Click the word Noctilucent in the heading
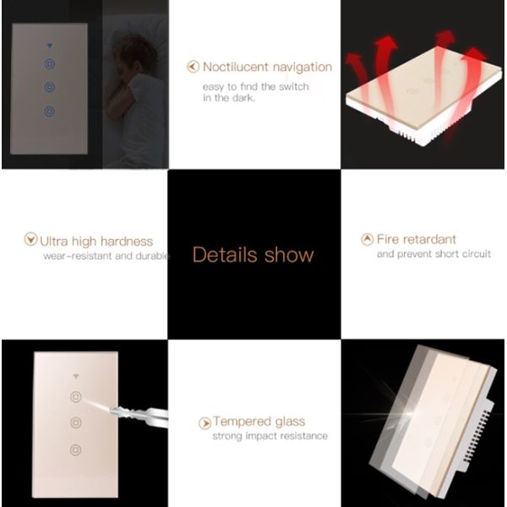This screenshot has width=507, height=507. pyautogui.click(x=236, y=67)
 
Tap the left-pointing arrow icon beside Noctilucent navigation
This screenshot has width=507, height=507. pyautogui.click(x=193, y=67)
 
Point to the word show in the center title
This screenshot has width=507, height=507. pyautogui.click(x=289, y=254)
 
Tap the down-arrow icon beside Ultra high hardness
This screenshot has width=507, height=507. pyautogui.click(x=30, y=239)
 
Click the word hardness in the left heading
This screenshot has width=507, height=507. pyautogui.click(x=127, y=241)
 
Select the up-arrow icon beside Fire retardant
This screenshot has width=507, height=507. pyautogui.click(x=367, y=239)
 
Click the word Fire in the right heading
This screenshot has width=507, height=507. pyautogui.click(x=388, y=239)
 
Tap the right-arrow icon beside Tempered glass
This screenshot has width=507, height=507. pyautogui.click(x=204, y=423)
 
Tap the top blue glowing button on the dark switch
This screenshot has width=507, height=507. pyautogui.click(x=50, y=63)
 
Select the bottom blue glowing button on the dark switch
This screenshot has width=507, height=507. pyautogui.click(x=50, y=112)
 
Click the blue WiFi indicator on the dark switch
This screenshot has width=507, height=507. pyautogui.click(x=50, y=46)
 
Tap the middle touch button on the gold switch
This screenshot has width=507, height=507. pyautogui.click(x=76, y=422)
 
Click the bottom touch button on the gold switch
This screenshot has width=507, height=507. pyautogui.click(x=76, y=450)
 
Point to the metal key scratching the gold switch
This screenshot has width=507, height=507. pyautogui.click(x=139, y=415)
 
